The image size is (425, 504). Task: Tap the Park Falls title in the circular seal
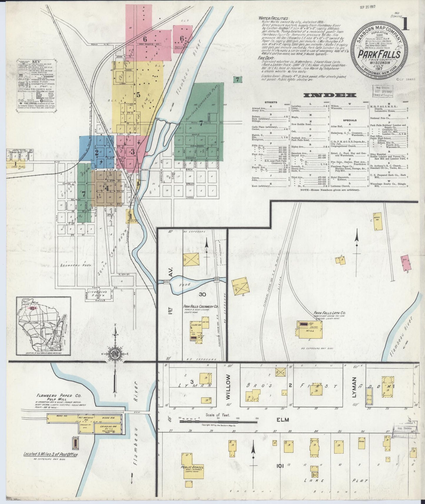(x=379, y=54)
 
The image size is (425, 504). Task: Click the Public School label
(x=192, y=467)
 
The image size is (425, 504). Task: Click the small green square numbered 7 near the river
(x=237, y=79)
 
